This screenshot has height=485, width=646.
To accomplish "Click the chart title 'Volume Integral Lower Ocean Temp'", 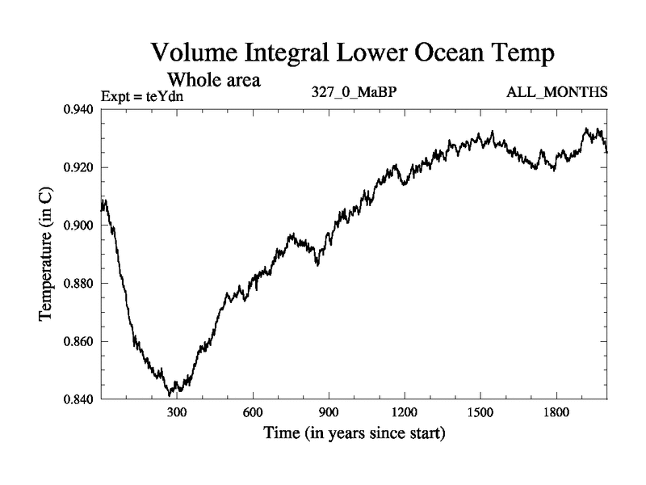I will click(x=353, y=55).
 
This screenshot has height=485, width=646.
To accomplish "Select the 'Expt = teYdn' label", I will click(x=144, y=97).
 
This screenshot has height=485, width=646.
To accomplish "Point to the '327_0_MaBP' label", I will click(x=354, y=92).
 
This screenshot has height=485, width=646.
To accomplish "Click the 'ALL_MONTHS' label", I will click(x=556, y=92).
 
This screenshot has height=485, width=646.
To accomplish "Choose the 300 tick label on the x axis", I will click(x=177, y=411).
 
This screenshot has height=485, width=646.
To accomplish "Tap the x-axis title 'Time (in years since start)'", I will click(x=354, y=433).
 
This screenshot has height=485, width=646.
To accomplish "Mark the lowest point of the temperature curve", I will click(x=170, y=394).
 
